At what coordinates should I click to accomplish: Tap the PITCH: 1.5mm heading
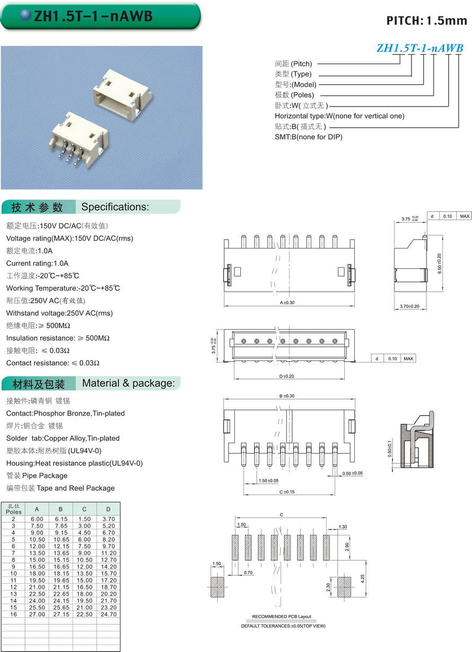coord(426,21)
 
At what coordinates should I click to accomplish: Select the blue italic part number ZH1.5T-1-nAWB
coord(420,48)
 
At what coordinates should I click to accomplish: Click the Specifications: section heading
coord(115,207)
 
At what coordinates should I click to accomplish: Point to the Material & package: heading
coord(128,383)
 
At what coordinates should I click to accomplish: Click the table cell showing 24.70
coord(108,614)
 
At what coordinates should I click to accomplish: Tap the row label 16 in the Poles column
coord(13,614)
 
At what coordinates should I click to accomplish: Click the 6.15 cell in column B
coord(60,519)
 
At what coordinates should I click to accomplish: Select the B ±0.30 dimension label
coord(286,396)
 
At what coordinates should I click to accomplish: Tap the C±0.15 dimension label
coord(287,492)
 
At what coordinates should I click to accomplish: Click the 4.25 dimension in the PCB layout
coord(363,577)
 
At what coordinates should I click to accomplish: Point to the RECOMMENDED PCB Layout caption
coord(281,616)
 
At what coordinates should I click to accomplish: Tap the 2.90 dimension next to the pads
coord(347,548)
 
